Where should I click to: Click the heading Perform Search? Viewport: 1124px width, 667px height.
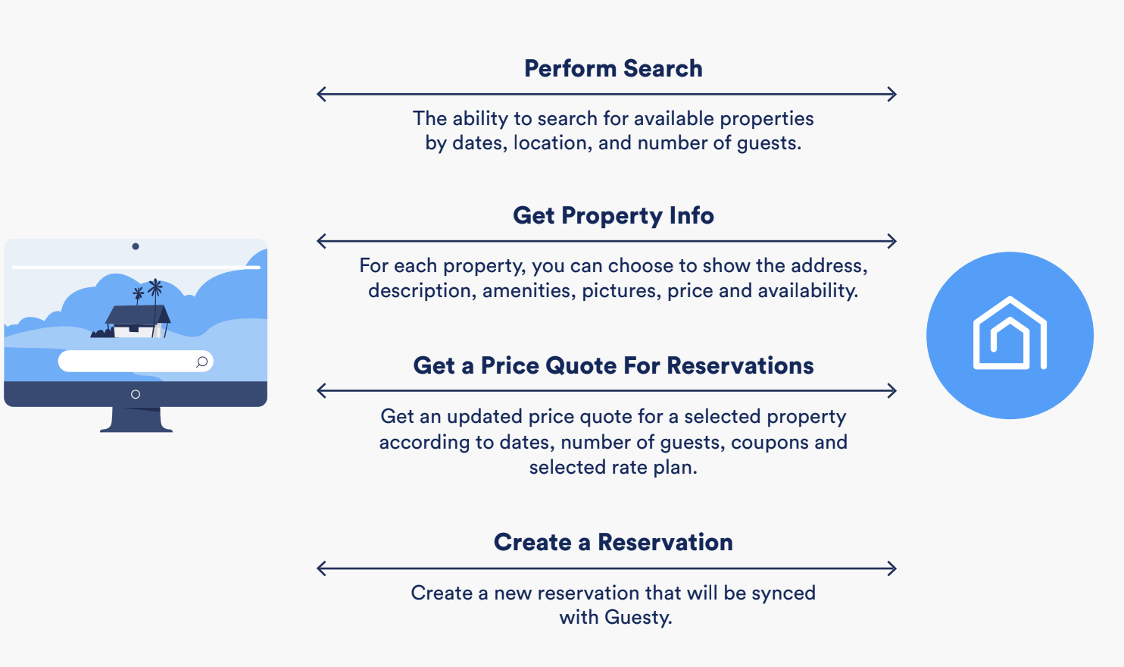point(614,69)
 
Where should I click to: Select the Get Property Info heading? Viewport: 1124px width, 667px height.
point(614,216)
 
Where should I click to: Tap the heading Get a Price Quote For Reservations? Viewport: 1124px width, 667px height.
point(614,365)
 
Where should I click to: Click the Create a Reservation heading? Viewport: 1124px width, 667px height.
point(614,543)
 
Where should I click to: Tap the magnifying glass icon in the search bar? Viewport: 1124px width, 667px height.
point(201,362)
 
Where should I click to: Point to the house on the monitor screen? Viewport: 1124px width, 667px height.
point(138,321)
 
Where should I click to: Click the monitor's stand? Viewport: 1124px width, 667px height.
point(136,419)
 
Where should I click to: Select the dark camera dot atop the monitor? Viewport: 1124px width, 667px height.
point(136,246)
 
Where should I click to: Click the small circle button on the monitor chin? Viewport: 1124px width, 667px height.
point(136,394)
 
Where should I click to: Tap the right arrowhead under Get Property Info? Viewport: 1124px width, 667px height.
point(891,241)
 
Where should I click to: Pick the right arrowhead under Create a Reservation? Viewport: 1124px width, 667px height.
point(891,568)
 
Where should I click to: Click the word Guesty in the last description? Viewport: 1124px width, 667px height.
point(635,618)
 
